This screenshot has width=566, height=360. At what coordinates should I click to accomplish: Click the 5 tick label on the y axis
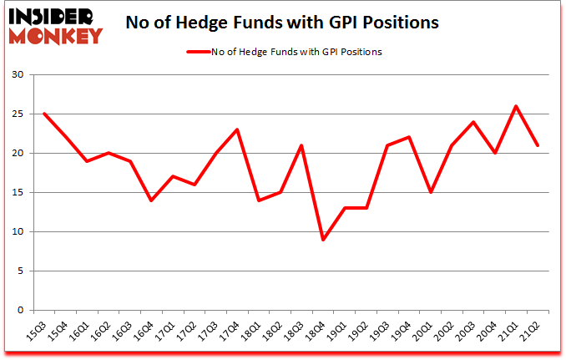pyautogui.click(x=20, y=271)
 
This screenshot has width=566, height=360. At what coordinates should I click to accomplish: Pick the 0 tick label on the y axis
pyautogui.click(x=20, y=311)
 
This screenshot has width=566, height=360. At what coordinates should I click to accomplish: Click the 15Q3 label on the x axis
pyautogui.click(x=37, y=330)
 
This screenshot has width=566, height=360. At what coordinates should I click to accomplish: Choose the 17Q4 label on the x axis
pyautogui.click(x=233, y=330)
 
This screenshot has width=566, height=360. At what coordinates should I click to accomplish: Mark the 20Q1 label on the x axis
pyautogui.click(x=428, y=330)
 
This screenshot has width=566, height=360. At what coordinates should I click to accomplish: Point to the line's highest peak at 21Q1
pyautogui.click(x=516, y=106)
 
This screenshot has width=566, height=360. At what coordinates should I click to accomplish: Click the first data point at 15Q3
pyautogui.click(x=43, y=114)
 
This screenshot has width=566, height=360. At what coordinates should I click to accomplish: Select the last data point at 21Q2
pyautogui.click(x=538, y=145)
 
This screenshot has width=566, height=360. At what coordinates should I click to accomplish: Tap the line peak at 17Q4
pyautogui.click(x=239, y=129)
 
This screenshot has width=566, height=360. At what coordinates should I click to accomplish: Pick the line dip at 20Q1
pyautogui.click(x=429, y=192)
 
